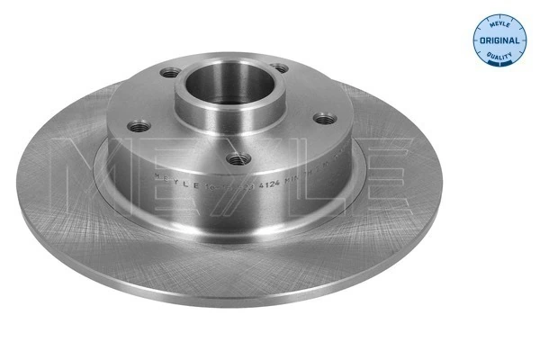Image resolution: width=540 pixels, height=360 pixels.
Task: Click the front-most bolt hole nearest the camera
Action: coord(237,159)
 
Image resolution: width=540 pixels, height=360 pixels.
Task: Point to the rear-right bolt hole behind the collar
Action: coord(281,67)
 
